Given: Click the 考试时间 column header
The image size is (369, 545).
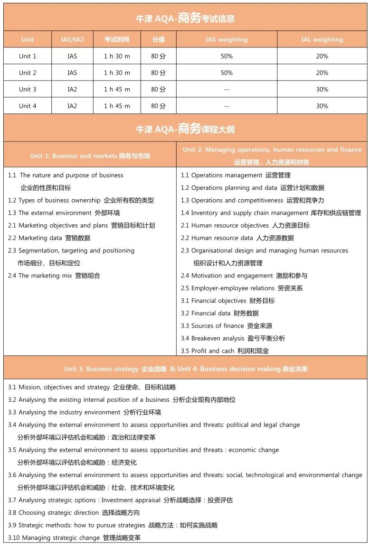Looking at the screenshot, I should point(117,39).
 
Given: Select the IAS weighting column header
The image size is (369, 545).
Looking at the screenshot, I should point(227,39).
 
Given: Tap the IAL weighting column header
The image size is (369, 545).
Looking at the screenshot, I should point(322,39).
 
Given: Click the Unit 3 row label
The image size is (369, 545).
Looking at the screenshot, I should point(28,89).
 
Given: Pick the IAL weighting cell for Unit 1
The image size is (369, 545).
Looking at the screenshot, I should point(322,56).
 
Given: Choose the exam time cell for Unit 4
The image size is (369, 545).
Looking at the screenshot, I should point(117,106).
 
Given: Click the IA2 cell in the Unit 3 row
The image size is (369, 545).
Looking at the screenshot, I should point(72,89).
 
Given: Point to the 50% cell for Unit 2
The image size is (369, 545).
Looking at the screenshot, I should point(227,73).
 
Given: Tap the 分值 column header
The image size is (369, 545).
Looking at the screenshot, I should point(158,39).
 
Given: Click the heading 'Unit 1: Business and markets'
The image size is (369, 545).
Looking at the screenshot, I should point(90,156).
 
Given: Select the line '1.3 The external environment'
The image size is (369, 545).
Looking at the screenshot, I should point(64,213).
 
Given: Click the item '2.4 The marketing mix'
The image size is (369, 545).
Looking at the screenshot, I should point(54,276).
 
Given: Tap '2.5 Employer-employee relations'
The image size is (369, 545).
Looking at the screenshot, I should point(242,288).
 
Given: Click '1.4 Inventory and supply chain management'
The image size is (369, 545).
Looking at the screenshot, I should point(271,213).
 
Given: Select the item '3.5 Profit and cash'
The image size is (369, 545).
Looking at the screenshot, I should point(225,351).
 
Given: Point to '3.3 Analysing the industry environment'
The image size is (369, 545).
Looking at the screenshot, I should point(85,412).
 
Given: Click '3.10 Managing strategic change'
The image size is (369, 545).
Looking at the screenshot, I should point(74,537).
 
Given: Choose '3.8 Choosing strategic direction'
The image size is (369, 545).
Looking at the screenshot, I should point(74,512).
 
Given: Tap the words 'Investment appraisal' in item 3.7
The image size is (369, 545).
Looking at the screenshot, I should point(131,500).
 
